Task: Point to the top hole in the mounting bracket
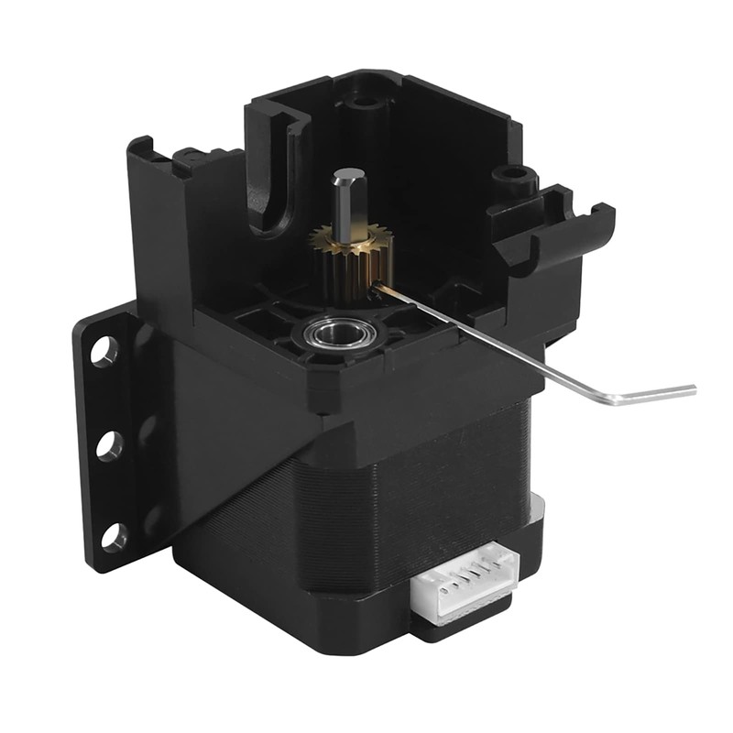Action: pos(104,349)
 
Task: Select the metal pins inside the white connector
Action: pos(464,586)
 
